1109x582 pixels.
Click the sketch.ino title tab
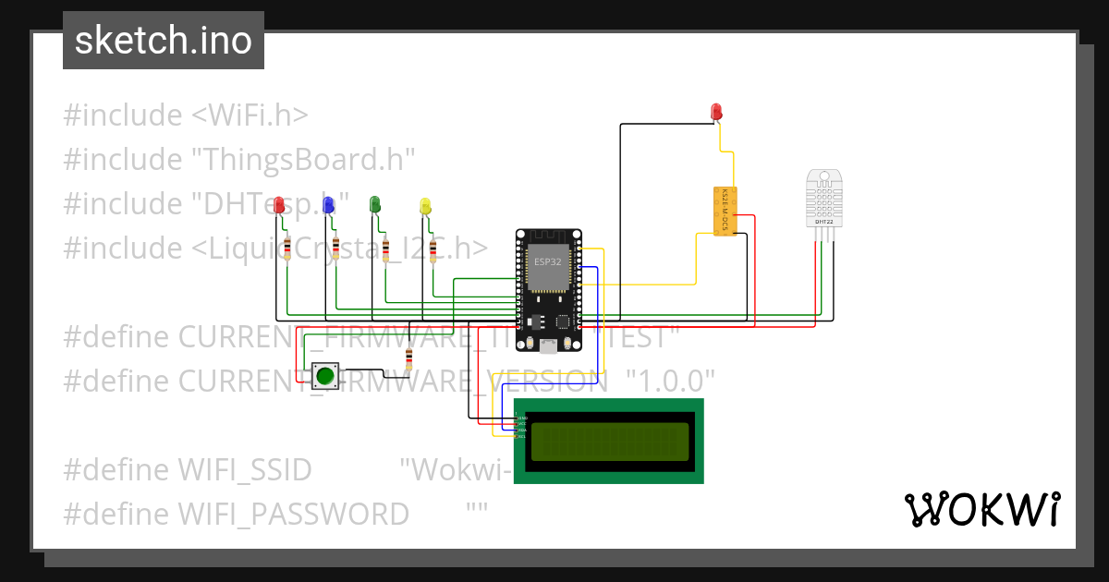point(164,41)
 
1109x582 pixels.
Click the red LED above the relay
point(716,112)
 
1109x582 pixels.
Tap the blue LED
point(328,207)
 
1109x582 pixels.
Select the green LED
point(375,204)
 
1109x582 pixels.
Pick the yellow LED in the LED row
point(425,206)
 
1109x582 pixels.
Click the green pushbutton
point(324,376)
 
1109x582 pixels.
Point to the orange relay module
point(725,211)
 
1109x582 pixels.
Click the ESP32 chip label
point(547,262)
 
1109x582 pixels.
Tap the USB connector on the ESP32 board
point(548,346)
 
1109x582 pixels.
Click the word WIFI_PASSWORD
point(294,514)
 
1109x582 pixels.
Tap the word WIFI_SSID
point(245,469)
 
